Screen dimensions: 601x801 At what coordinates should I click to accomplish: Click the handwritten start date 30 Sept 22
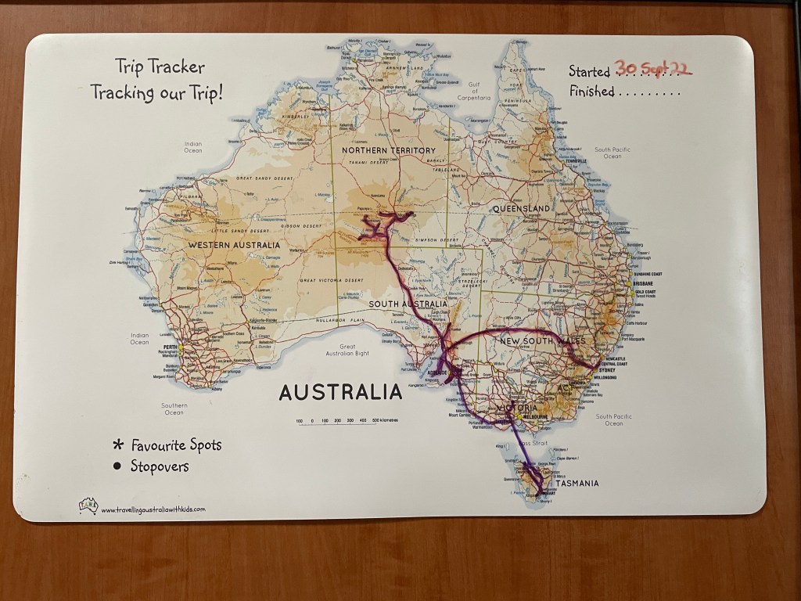653,69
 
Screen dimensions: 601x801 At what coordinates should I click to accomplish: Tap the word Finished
591,92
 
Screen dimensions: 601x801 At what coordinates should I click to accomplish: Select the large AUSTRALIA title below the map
340,391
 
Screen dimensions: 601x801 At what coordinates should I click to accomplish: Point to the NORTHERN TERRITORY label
388,150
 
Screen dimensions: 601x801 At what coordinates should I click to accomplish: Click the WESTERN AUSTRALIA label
234,245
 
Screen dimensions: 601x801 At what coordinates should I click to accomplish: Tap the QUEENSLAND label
522,209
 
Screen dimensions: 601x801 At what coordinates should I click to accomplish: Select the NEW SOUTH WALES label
542,342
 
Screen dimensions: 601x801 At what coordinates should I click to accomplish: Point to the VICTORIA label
517,408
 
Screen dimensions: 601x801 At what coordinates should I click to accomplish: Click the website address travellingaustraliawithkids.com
153,509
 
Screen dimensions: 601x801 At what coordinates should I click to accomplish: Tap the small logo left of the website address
88,506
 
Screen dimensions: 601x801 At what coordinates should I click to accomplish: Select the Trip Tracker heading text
159,67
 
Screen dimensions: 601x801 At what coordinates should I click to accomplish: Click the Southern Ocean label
174,408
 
